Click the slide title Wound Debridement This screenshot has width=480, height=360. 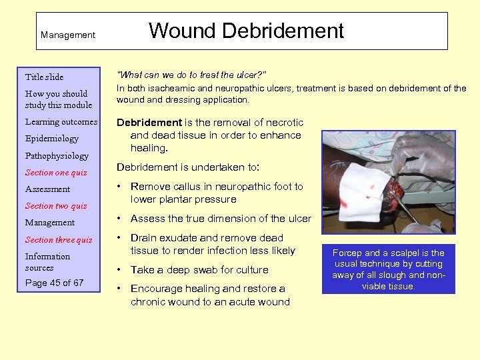click(246, 31)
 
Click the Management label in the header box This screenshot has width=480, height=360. click(68, 35)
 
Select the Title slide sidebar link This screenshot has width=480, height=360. click(44, 77)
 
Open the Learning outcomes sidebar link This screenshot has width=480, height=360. click(61, 122)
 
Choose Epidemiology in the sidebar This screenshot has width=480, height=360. click(52, 139)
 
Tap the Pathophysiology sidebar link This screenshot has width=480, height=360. click(57, 155)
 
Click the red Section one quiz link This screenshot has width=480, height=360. click(56, 173)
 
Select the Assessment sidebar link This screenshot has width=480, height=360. click(47, 189)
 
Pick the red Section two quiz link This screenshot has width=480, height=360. click(56, 206)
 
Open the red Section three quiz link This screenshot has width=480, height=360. click(59, 240)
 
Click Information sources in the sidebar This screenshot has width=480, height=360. click(47, 262)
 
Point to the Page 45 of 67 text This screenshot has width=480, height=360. click(55, 283)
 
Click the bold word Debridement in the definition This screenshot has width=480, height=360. click(149, 123)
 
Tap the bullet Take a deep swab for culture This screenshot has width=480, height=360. click(199, 270)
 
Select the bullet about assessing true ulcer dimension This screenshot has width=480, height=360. click(221, 219)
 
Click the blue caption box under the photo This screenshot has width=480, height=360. click(388, 269)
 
